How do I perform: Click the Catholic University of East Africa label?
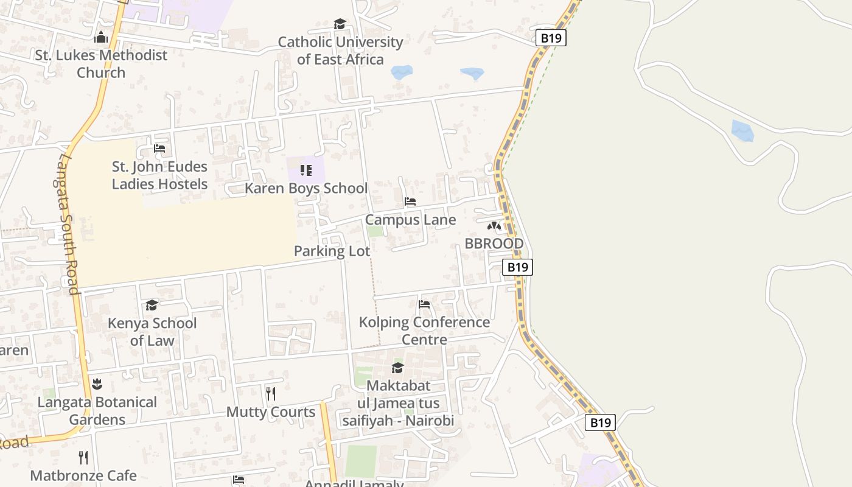point(340,51)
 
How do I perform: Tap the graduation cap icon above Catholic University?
point(340,24)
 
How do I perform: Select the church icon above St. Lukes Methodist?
point(101,37)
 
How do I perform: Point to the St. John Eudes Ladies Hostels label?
point(159,175)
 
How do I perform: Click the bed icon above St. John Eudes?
point(159,149)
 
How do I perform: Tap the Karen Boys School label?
point(306,188)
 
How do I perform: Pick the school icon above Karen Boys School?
point(306,170)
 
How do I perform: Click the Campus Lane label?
point(410,220)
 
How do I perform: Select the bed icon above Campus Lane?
point(410,201)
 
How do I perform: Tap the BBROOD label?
point(494,243)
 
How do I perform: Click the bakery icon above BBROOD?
point(494,226)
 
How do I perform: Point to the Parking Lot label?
point(332,251)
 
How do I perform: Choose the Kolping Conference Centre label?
point(424,331)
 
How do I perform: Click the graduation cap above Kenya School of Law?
point(152,304)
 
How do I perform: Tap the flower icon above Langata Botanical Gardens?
point(97,384)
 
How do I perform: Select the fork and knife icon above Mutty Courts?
point(271,394)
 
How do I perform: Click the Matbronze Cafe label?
point(83,475)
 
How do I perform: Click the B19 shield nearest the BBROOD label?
point(517,267)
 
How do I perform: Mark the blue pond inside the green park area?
point(742,130)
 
